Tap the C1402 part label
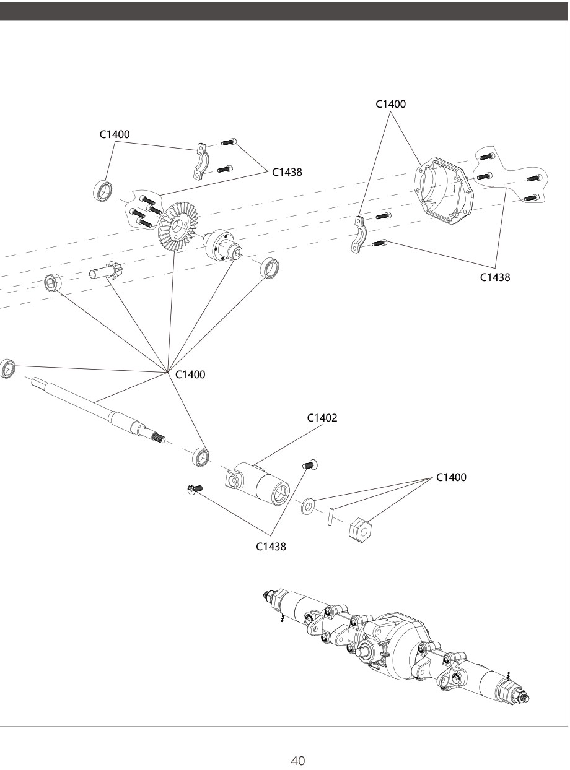322,418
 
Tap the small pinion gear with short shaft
107,273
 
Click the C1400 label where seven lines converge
190,374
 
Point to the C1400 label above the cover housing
391,104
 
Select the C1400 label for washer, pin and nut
451,477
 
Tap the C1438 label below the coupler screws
271,547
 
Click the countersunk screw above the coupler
309,464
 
